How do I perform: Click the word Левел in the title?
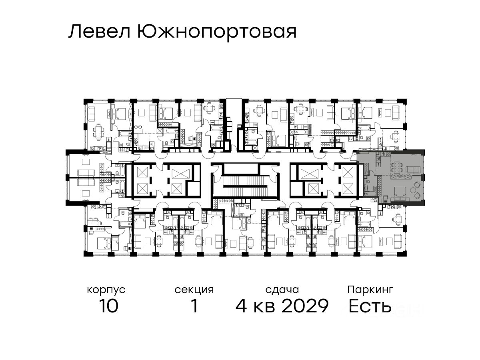coord(99,32)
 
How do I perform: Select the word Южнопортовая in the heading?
coord(217,32)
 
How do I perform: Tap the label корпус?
coord(106,290)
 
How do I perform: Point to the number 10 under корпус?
coord(109,306)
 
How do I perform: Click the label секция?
coord(194,290)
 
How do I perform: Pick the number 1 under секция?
coord(194,306)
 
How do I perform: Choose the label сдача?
coord(282,290)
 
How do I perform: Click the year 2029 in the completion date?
coord(305,306)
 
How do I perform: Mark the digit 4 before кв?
coord(241,306)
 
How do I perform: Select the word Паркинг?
coord(370,290)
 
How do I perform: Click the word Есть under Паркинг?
coord(370,306)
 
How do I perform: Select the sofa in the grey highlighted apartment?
coord(413,169)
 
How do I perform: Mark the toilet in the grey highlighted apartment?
coord(367,187)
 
